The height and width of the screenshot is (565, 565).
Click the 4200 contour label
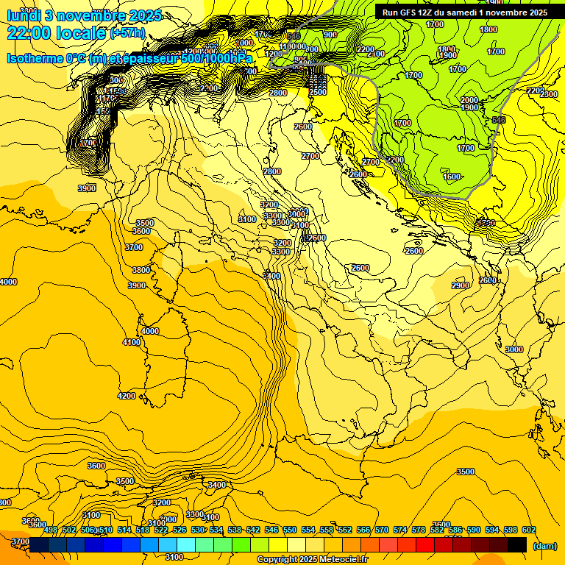point(127,396)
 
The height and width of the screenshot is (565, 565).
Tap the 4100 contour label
point(132,342)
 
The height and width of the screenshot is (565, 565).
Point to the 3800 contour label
point(141,270)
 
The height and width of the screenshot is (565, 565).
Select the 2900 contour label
point(461,285)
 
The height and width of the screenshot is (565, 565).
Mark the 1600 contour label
point(452,177)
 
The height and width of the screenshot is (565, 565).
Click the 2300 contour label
point(549,94)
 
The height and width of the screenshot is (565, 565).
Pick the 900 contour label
point(330,35)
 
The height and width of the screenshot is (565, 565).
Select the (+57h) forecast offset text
point(127,34)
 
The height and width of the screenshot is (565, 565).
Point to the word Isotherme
point(36,58)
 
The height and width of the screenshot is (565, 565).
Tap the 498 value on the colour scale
point(51,530)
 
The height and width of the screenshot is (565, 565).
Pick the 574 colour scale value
point(400,530)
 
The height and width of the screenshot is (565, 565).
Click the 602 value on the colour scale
point(529,530)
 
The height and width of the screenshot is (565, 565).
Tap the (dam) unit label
point(544,545)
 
